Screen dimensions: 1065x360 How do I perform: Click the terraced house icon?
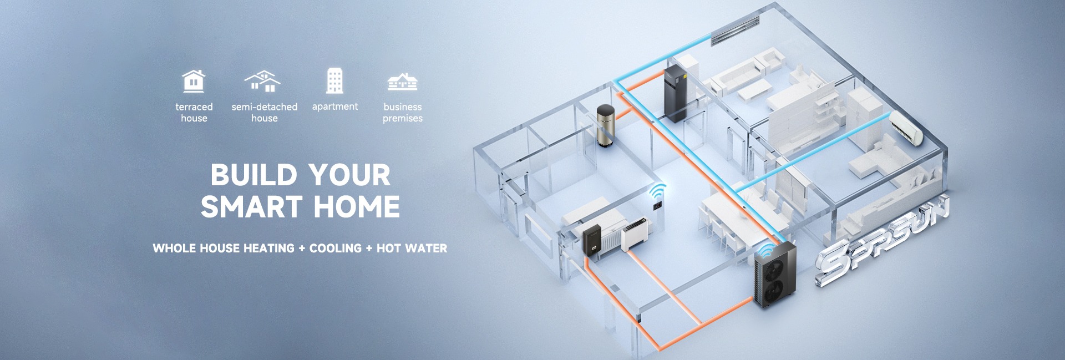point(194,82)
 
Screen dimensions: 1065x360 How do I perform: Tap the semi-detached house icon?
point(262,82)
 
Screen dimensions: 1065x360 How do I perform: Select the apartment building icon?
point(334,81)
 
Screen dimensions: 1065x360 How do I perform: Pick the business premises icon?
point(402,82)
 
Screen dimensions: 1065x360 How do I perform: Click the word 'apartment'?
point(334,107)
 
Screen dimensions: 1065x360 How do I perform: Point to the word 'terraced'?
point(194,107)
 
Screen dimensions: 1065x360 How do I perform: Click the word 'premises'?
point(402,118)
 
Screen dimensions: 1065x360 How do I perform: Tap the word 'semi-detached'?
point(264,107)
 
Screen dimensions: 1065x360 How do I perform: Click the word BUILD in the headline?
point(255,175)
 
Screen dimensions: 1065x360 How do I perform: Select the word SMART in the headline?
point(252,207)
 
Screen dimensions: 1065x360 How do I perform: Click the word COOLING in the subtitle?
point(335,249)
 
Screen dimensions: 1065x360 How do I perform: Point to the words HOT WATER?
point(412,249)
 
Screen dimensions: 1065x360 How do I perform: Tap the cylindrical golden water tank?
point(605,125)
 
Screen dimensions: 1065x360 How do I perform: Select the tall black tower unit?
point(675,93)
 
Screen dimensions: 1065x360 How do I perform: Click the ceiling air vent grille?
point(735,30)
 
